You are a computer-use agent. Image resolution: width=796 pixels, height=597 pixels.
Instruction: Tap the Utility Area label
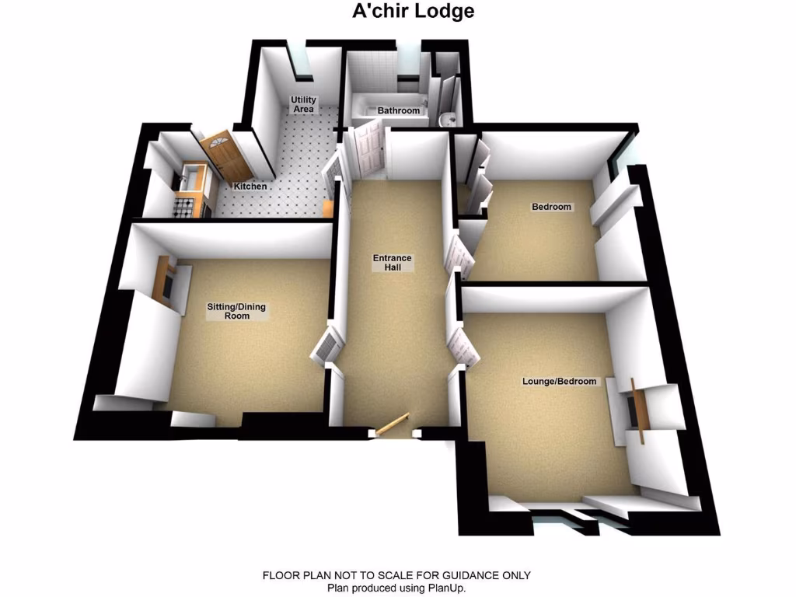(x=303, y=104)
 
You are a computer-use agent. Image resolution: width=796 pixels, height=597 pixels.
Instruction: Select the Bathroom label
(x=399, y=110)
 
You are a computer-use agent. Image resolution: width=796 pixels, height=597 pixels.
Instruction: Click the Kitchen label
(x=251, y=187)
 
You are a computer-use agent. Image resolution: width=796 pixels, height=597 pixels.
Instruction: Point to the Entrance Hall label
(x=392, y=262)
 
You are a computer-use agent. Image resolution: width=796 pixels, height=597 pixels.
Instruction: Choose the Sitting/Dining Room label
(x=236, y=311)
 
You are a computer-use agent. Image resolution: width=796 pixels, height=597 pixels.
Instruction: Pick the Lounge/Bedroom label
(x=560, y=381)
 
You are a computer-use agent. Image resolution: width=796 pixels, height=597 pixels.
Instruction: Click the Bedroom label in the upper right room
(x=551, y=207)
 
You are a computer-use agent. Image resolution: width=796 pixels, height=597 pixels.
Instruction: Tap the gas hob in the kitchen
(x=185, y=207)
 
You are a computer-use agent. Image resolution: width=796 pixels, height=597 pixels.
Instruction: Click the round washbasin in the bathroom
(x=445, y=120)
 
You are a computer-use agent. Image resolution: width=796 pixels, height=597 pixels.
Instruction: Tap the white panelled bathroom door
(x=367, y=151)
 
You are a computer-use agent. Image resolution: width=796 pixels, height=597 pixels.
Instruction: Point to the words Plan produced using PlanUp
(x=396, y=588)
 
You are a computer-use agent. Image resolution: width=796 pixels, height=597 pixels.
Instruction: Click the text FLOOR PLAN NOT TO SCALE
(x=342, y=575)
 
